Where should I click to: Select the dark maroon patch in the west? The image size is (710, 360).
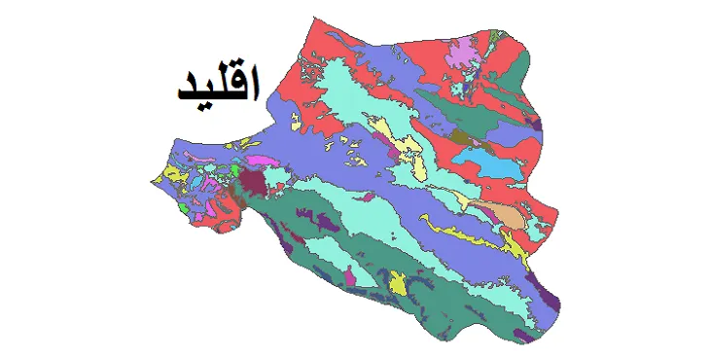254,183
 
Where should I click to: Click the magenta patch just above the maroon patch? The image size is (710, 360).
257,160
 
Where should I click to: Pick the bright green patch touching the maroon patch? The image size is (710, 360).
236,169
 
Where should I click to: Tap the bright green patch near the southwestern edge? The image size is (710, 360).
187,207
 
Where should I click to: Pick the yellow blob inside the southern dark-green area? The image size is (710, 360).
398,285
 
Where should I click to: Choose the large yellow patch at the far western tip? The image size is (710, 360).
172,176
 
